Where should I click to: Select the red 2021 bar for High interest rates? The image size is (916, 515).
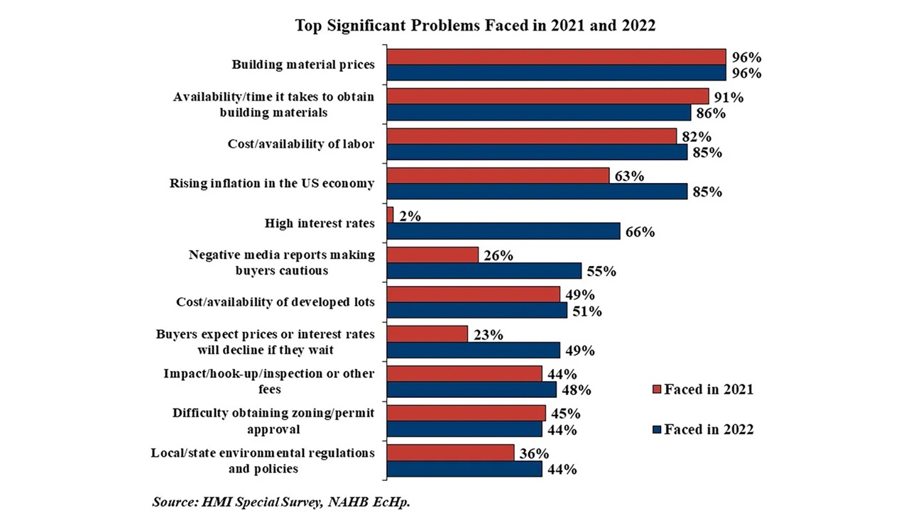(390, 215)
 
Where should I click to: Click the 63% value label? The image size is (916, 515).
(629, 176)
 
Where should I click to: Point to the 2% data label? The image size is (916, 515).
(409, 216)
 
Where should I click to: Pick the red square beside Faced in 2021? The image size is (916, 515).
(655, 389)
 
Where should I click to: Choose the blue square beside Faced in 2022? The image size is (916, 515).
(655, 428)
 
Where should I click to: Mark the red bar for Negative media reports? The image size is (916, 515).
(432, 255)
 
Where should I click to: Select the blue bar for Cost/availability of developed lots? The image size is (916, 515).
(476, 311)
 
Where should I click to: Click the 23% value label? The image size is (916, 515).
(489, 334)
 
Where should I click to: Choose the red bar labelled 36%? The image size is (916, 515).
(450, 453)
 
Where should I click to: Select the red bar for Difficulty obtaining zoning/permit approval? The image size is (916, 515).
(466, 413)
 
